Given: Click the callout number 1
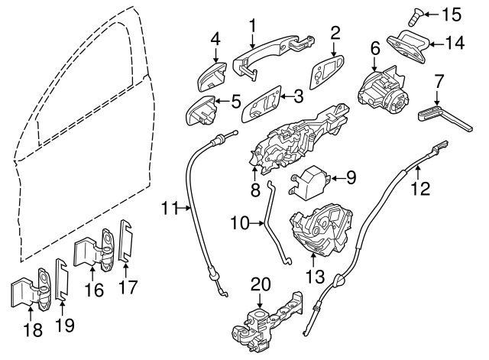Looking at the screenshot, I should click(251, 26).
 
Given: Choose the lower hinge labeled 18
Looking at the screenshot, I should click(28, 290).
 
